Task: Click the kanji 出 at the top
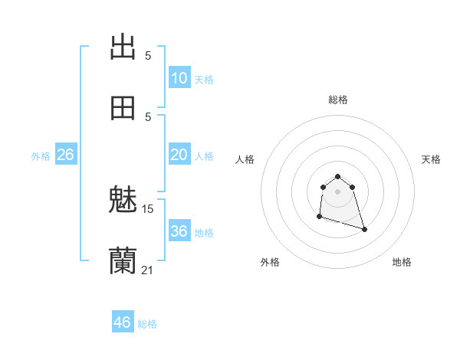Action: (x=123, y=47)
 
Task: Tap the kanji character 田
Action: (x=123, y=108)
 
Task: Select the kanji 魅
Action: (x=123, y=201)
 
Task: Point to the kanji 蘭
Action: (x=123, y=261)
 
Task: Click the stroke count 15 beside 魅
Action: (x=148, y=208)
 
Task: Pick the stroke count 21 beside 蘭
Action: (x=148, y=269)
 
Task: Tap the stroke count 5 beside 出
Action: (x=148, y=55)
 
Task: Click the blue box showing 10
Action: (x=179, y=78)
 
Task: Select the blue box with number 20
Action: (x=179, y=155)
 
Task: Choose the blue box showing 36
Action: (x=179, y=231)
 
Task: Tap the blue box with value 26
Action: (x=65, y=155)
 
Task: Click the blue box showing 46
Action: (x=123, y=322)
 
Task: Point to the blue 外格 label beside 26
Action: (x=41, y=155)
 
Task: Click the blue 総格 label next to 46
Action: (x=147, y=324)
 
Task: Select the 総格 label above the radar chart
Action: (x=338, y=100)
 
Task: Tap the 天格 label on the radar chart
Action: (x=431, y=159)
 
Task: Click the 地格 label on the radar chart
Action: (x=402, y=262)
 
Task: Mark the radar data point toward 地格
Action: (x=364, y=230)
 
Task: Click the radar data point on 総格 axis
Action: (x=337, y=176)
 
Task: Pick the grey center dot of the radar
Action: (x=337, y=191)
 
